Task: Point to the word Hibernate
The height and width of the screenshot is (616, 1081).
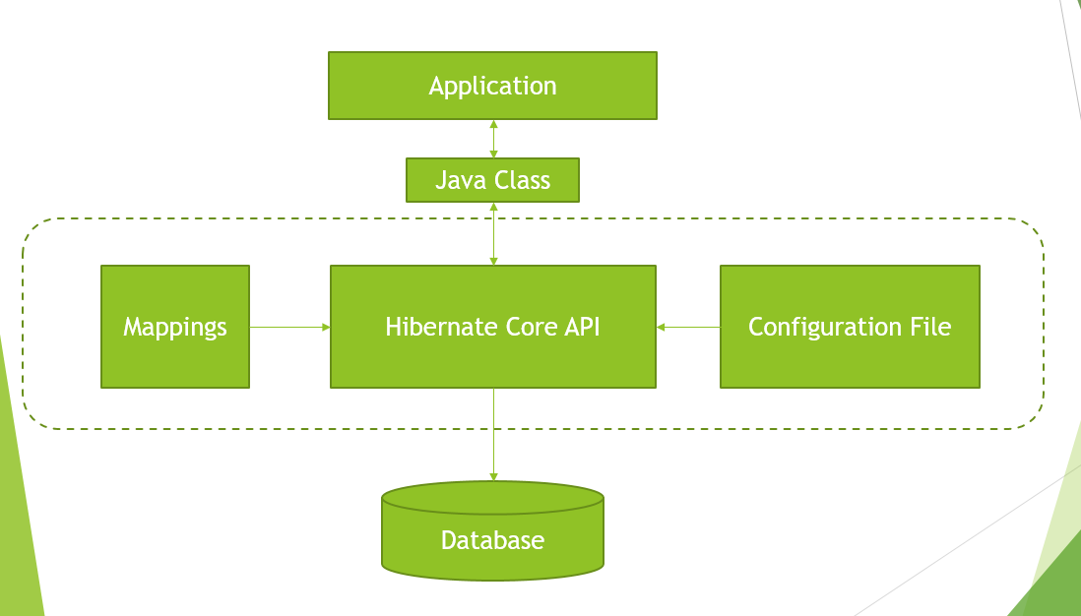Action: coord(431,327)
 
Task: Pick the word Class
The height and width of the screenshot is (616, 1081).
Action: coord(521,181)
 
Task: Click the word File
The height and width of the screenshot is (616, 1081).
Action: coord(929,327)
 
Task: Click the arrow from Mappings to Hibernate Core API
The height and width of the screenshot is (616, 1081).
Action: coord(289,327)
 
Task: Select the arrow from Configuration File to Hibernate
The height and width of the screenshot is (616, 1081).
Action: coord(688,327)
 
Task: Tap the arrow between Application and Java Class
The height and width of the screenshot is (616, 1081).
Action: coord(493,139)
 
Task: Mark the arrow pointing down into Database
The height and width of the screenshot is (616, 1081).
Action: coord(493,434)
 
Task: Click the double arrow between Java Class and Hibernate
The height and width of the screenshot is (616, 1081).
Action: coord(493,233)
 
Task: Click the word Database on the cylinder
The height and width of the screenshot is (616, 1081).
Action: coord(492,540)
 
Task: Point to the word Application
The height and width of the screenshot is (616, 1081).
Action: coord(492,87)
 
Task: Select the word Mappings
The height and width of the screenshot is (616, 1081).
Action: coord(175,327)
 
